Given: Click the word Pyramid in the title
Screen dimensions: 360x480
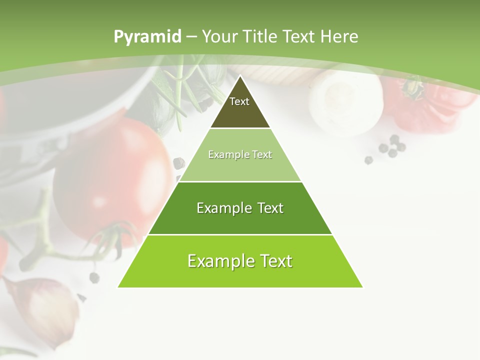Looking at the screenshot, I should [x=147, y=37].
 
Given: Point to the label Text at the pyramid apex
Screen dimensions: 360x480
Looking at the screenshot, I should [x=239, y=101].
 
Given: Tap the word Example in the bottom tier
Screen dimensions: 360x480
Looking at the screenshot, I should [x=216, y=261].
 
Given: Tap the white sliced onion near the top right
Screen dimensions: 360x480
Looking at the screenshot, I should [x=345, y=100].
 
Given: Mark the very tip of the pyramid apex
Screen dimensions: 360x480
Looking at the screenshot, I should [x=240, y=76].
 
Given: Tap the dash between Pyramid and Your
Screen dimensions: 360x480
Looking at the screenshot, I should [x=191, y=37].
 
